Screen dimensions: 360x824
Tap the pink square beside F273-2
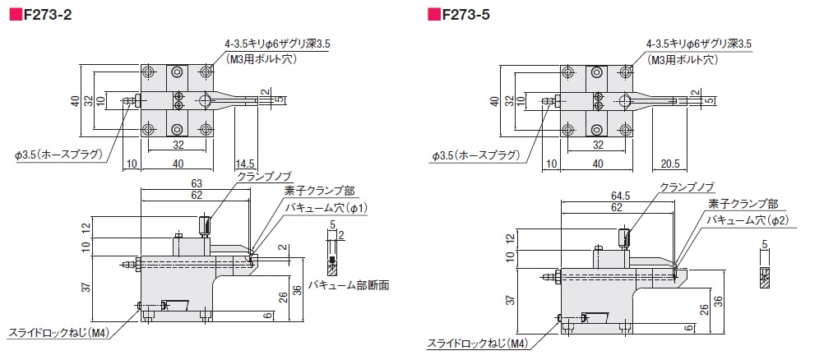click(x=14, y=14)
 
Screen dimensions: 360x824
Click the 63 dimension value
click(x=197, y=183)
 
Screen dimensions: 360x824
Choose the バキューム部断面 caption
click(x=348, y=285)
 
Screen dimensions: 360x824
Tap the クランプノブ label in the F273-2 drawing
click(x=262, y=177)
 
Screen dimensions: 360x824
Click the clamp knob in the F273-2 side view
click(x=204, y=224)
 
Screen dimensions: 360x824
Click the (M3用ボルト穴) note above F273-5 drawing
click(x=683, y=59)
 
